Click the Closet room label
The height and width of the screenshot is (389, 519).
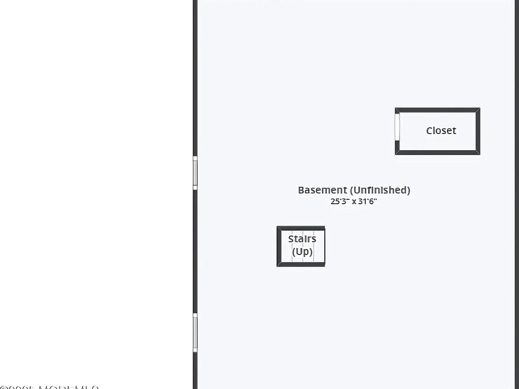point(441,131)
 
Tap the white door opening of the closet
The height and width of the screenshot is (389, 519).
point(397,127)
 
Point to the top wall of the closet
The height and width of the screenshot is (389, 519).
point(437,110)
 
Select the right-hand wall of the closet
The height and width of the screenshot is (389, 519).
point(478,131)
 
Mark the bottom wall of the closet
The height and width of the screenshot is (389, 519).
point(437,153)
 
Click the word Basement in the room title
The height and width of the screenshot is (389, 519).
point(322,190)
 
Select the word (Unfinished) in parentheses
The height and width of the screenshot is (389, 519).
point(380,190)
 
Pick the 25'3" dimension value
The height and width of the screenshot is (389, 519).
point(340,202)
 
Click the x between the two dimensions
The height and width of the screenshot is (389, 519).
point(354,202)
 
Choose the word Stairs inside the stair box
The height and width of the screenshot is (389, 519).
point(302,239)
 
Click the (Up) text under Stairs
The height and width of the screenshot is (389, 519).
point(302,251)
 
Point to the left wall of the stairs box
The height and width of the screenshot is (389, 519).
point(279,246)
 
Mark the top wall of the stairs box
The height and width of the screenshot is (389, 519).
point(301,229)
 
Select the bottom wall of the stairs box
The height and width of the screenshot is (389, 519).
point(301,264)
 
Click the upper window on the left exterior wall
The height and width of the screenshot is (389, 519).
point(195,172)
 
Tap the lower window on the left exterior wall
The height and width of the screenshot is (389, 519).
point(195,332)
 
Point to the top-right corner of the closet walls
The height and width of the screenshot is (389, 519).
point(478,110)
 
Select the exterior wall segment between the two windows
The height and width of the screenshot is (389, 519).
point(195,251)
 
